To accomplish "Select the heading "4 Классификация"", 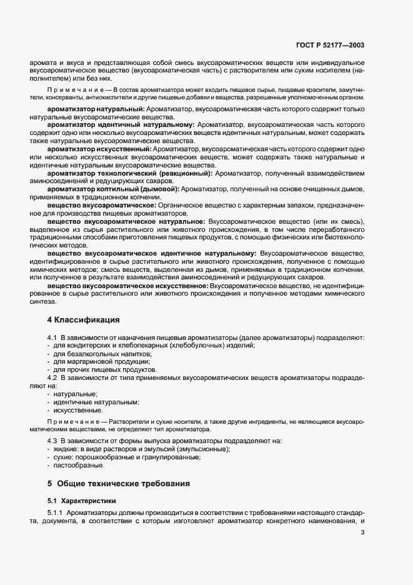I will (x=83, y=320).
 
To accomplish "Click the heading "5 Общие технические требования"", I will (x=119, y=484).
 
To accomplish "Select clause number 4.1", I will (x=52, y=338).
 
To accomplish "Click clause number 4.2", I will (x=52, y=378).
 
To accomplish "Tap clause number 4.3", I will (x=52, y=441).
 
